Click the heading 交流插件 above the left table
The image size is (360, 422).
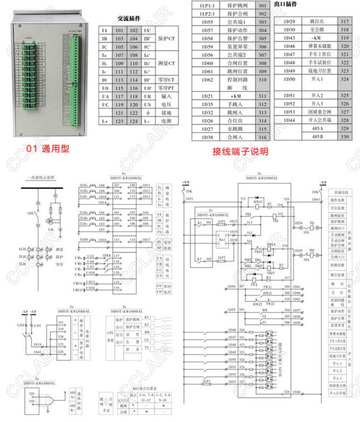click(x=129, y=19)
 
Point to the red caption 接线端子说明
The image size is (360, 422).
click(x=240, y=152)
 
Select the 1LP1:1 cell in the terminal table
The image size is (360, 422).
click(x=207, y=5)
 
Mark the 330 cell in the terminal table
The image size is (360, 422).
click(x=344, y=137)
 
